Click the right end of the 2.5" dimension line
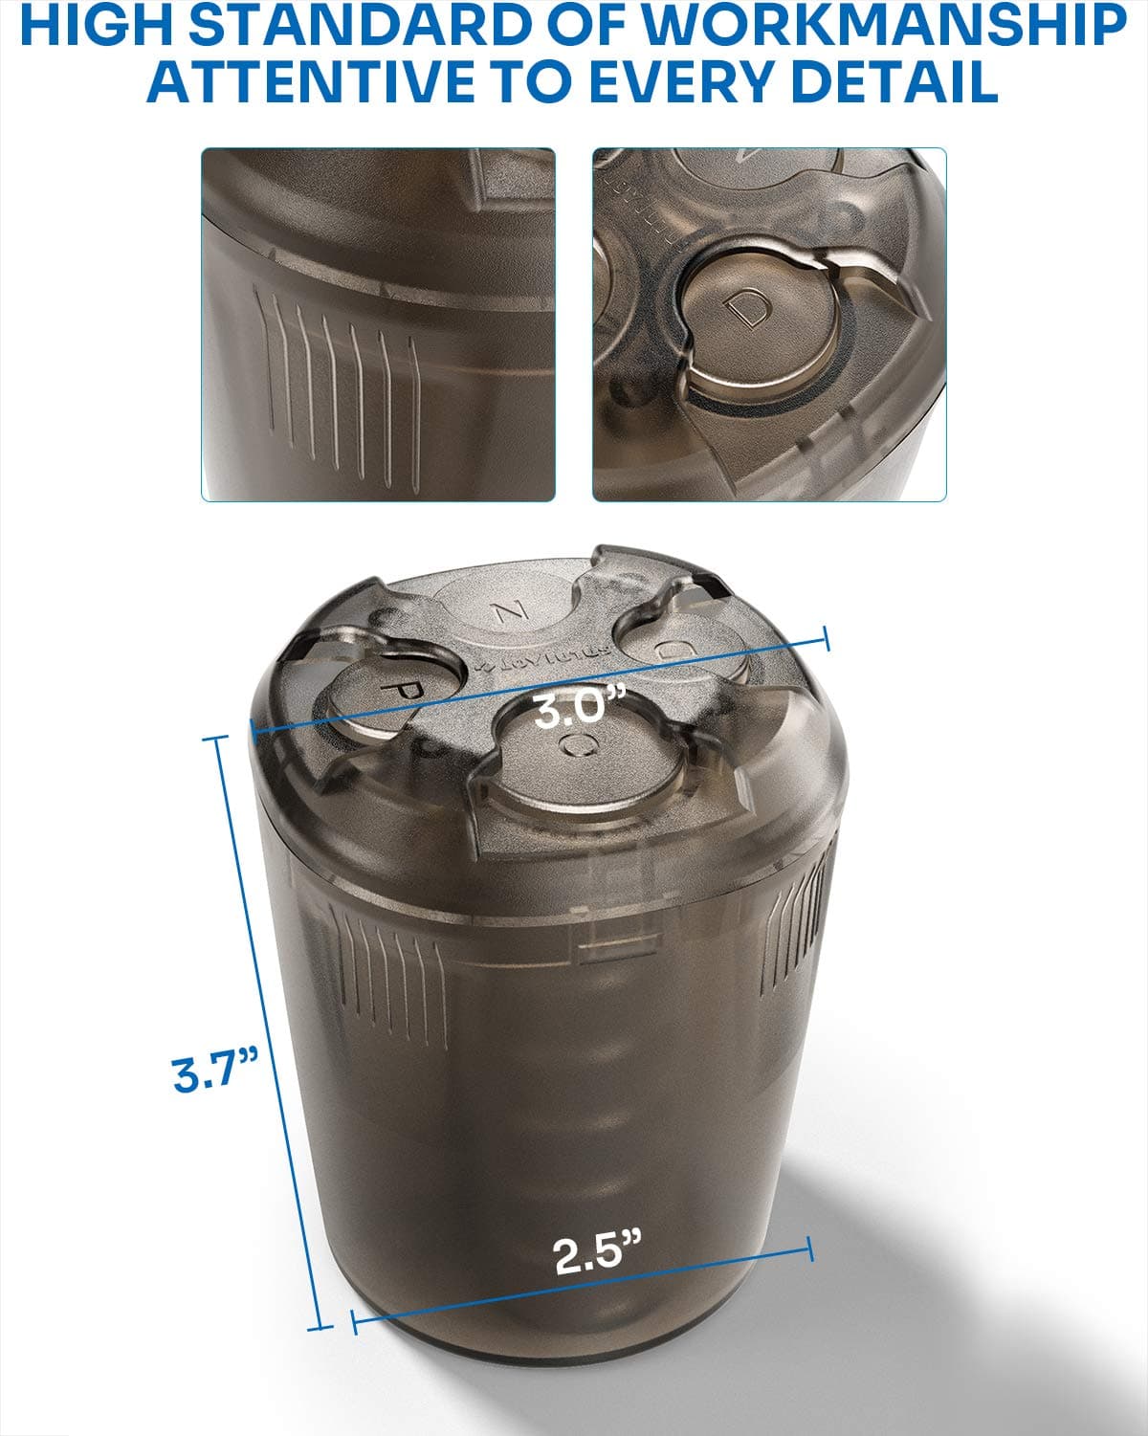(810, 1247)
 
